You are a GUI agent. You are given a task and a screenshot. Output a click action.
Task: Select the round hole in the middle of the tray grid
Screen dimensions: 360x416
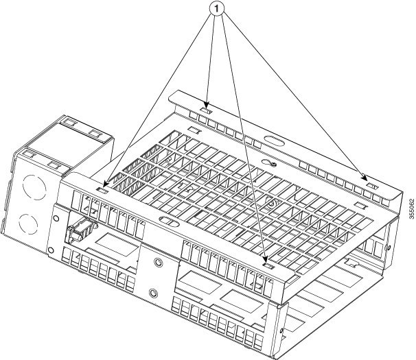(273, 204)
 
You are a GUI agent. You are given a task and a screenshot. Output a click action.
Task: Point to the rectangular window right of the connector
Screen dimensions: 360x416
(115, 242)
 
